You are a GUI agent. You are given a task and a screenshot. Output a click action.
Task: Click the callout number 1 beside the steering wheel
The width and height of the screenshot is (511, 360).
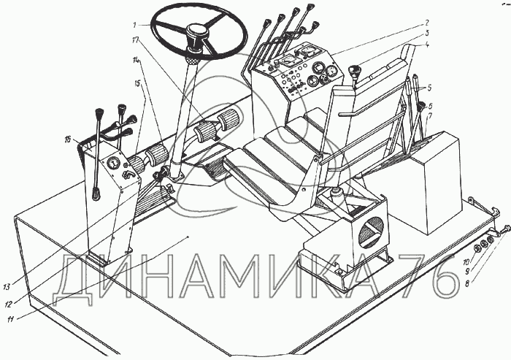(134, 25)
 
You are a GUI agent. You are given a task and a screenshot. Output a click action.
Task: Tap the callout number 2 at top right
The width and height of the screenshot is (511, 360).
(426, 23)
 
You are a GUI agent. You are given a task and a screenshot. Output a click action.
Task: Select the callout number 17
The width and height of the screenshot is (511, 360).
(136, 40)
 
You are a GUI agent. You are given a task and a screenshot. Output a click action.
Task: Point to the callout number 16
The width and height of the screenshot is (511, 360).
(67, 139)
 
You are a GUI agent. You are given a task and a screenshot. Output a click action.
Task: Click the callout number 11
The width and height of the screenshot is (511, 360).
(10, 320)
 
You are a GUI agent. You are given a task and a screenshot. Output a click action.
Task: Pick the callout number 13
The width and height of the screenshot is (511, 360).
(7, 287)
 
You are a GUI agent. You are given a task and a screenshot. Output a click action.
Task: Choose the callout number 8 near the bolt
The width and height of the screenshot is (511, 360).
(467, 284)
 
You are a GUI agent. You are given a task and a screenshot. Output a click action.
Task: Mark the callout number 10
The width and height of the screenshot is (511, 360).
(466, 262)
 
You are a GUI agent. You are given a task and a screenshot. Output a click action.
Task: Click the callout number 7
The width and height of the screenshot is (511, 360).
(430, 115)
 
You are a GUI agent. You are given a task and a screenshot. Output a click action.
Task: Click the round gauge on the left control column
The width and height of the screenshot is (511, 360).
(113, 163)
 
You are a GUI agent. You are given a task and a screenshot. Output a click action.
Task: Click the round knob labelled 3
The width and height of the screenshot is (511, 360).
(353, 70)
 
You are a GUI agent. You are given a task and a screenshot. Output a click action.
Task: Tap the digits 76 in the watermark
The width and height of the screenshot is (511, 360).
(428, 277)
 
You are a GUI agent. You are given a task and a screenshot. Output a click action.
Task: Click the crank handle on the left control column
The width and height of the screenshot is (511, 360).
(128, 175)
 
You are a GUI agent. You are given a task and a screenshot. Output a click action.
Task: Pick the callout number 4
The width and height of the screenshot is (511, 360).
(427, 45)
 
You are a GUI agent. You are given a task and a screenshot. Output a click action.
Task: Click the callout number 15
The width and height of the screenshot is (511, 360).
(137, 84)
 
